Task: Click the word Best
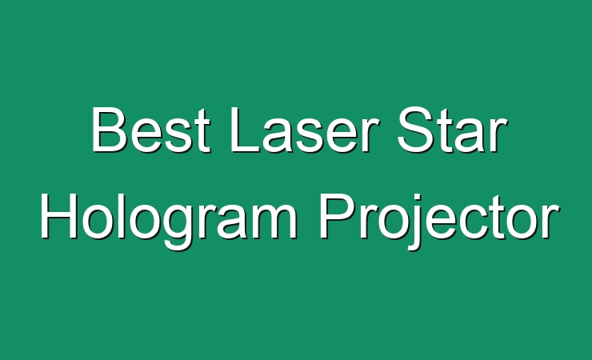[x=150, y=130]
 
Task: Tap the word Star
[x=452, y=130]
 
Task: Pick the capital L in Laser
[x=245, y=130]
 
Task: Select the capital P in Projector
[x=337, y=216]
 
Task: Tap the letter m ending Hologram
[x=271, y=222]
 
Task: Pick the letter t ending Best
[x=201, y=132]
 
